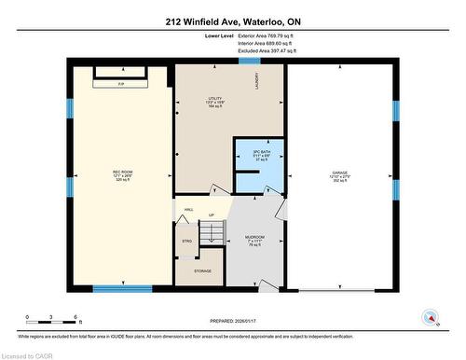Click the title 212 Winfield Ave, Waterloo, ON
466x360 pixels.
(232, 21)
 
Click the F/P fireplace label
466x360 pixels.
(119, 81)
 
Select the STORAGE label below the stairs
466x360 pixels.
(202, 270)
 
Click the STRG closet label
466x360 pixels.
(187, 241)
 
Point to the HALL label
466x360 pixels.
(188, 210)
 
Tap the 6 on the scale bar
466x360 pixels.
(80, 319)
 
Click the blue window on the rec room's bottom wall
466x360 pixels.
(122, 289)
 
